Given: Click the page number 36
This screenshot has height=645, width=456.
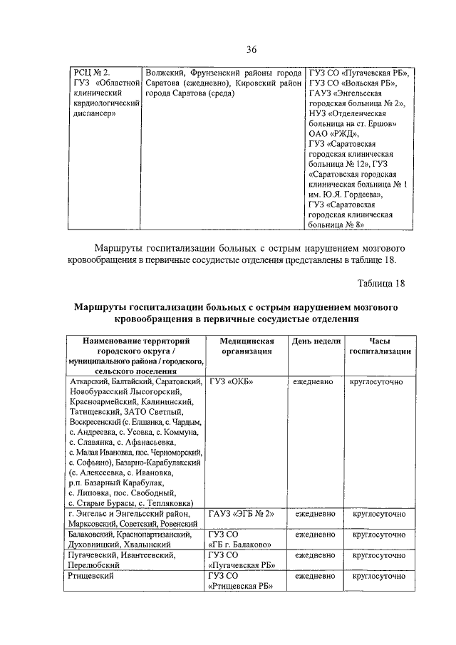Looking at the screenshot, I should coord(251,49).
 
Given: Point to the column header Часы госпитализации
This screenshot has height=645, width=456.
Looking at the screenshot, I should coord(379,346).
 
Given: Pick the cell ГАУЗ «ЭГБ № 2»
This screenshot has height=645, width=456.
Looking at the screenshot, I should coord(242,513).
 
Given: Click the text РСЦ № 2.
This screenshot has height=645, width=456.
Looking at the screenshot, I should coord(93,73).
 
